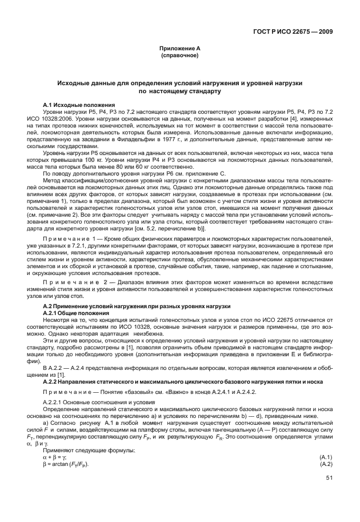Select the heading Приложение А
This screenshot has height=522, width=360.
179,50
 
